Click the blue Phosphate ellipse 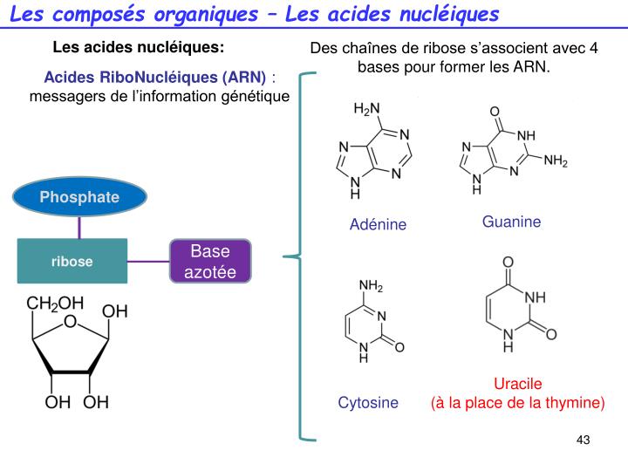78,197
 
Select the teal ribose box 72,261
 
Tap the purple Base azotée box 209,261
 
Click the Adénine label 378,225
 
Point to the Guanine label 511,222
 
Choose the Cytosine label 368,402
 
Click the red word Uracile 517,384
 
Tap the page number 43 584,440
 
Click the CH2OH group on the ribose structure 55,304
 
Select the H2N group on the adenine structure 366,110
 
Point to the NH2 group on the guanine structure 556,161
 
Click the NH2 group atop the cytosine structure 371,286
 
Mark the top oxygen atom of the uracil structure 508,262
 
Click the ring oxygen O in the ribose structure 71,323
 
